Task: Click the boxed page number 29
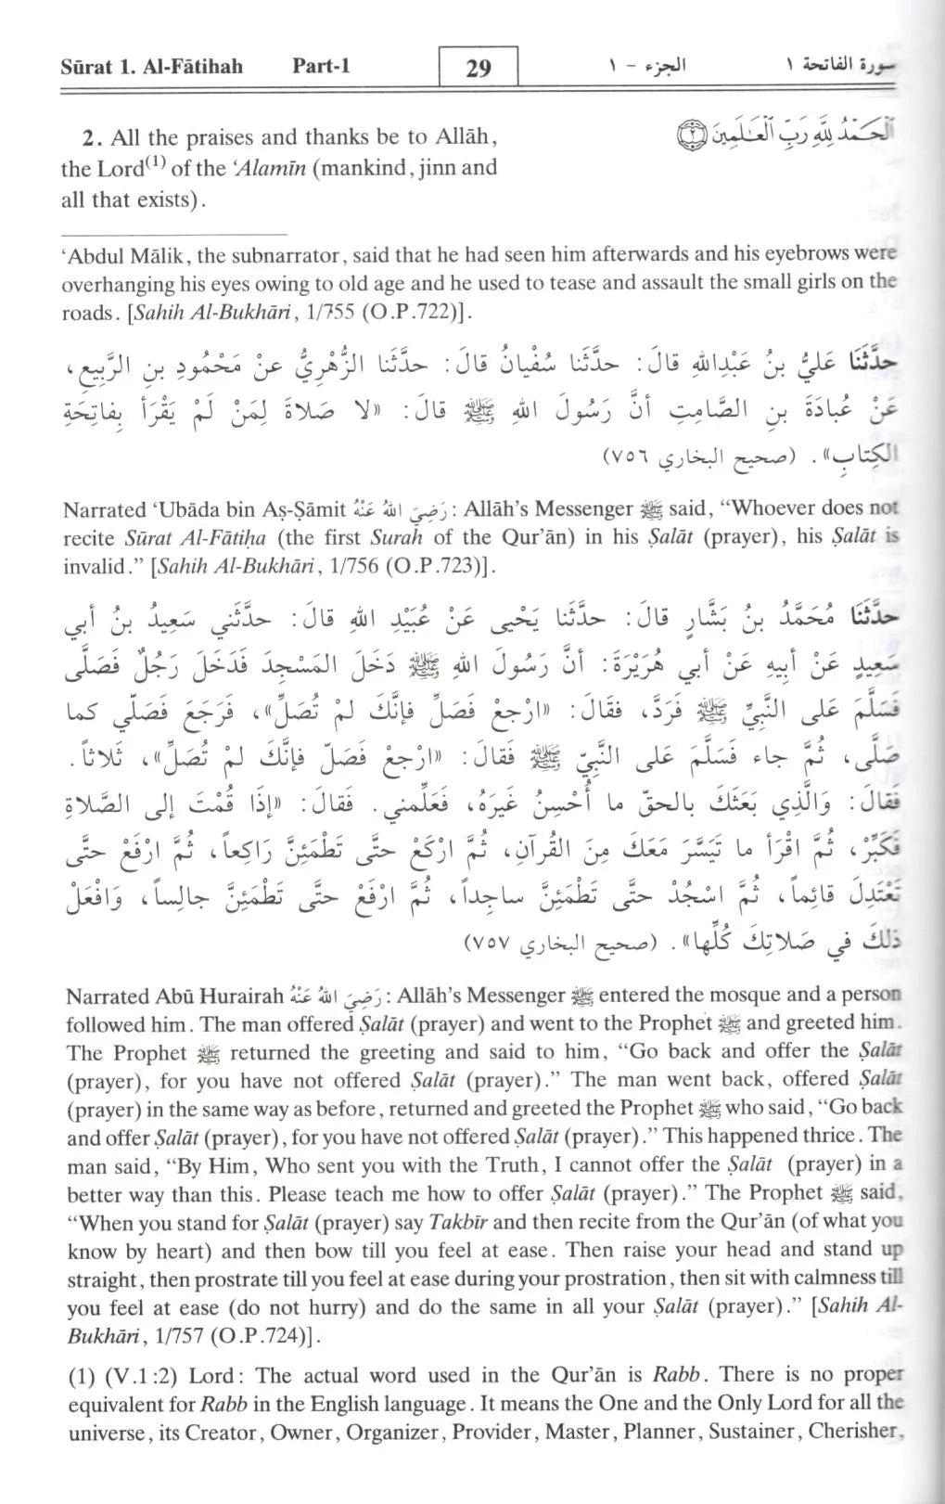478,68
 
